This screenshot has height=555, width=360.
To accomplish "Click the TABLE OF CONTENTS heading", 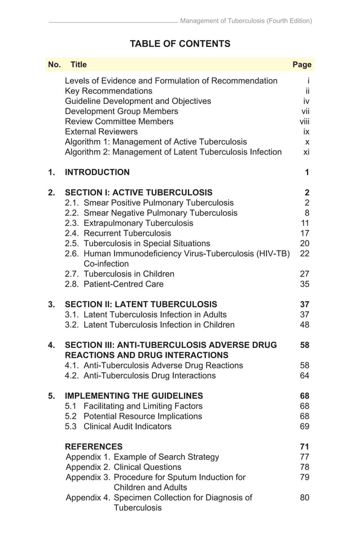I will pyautogui.click(x=180, y=43).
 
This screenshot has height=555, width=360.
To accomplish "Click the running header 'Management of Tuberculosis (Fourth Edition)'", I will pyautogui.click(x=246, y=21).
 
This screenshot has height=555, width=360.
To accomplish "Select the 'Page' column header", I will pyautogui.click(x=302, y=65).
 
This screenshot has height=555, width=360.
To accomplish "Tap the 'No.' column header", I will pyautogui.click(x=55, y=65).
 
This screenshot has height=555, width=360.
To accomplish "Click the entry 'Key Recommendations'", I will pyautogui.click(x=108, y=91).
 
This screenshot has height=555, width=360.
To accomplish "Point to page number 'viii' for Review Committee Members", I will pyautogui.click(x=305, y=121).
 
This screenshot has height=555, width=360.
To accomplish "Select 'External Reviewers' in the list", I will pyautogui.click(x=101, y=132).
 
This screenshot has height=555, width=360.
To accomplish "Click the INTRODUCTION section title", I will pyautogui.click(x=97, y=172).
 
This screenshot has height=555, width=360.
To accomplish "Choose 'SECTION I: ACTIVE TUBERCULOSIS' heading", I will pyautogui.click(x=139, y=193).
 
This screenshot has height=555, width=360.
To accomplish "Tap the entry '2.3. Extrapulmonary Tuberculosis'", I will pyautogui.click(x=129, y=223).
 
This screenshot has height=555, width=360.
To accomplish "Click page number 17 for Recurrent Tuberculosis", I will pyautogui.click(x=305, y=233).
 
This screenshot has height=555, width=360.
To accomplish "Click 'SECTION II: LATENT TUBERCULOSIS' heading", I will pyautogui.click(x=141, y=304).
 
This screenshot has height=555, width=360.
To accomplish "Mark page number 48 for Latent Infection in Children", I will pyautogui.click(x=305, y=325).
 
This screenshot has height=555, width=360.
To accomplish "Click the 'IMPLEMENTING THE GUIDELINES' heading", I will pyautogui.click(x=134, y=396).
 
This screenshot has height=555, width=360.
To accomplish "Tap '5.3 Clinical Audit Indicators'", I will pyautogui.click(x=118, y=426).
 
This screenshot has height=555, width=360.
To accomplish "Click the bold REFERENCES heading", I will pyautogui.click(x=94, y=447).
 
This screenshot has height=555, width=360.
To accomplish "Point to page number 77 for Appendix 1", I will pyautogui.click(x=305, y=457).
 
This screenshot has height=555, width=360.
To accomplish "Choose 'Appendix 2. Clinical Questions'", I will pyautogui.click(x=124, y=467).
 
